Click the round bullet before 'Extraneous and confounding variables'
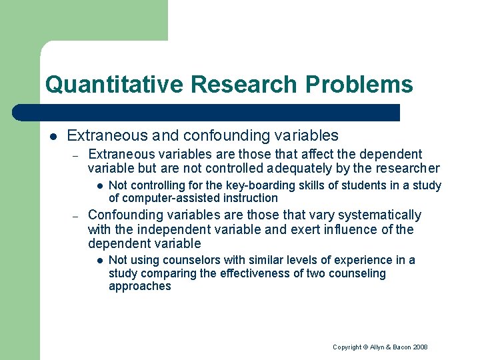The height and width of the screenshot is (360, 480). [53, 136]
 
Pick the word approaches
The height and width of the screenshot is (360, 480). [140, 286]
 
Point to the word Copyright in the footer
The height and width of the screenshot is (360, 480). [347, 347]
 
